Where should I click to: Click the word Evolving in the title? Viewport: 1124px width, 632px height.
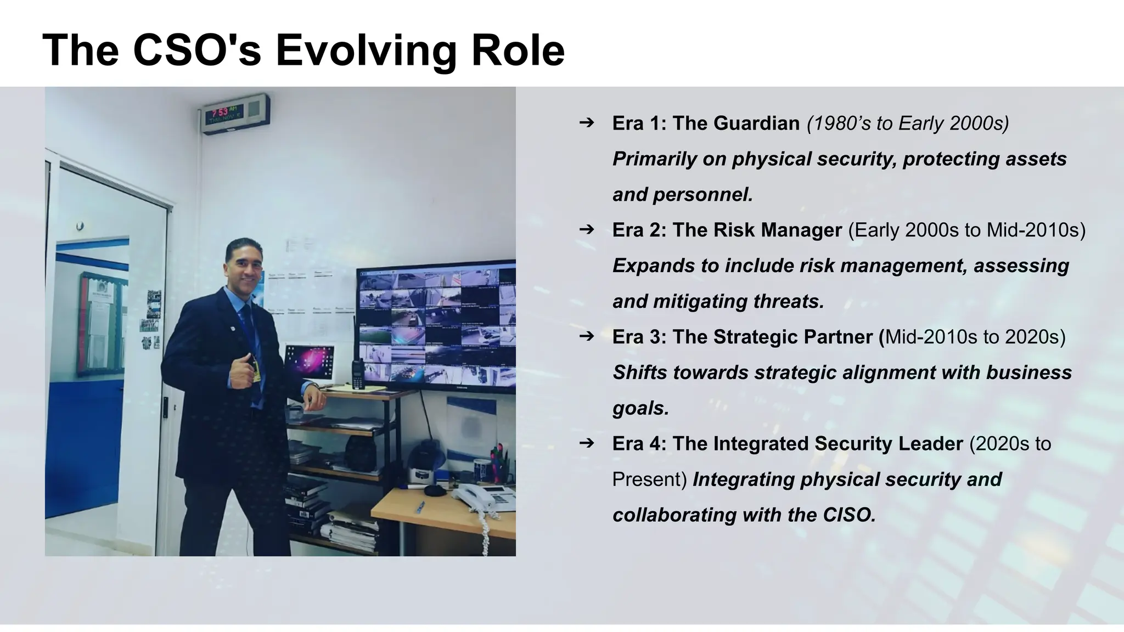tap(366, 50)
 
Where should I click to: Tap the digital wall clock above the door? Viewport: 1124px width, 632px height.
tap(235, 114)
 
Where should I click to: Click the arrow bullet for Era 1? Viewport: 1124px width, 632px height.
tap(586, 122)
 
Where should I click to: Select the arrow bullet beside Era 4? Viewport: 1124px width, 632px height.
tap(586, 442)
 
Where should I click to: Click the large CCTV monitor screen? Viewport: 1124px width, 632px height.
tap(436, 326)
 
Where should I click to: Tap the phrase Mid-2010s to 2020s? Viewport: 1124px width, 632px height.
tap(975, 336)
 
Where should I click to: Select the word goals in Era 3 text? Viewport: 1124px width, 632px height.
tap(639, 408)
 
